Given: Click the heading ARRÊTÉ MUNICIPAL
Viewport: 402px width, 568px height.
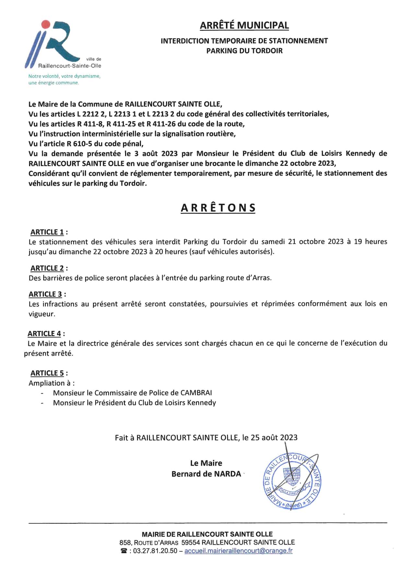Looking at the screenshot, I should point(244,25).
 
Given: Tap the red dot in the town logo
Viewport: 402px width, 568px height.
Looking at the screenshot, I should point(46,24).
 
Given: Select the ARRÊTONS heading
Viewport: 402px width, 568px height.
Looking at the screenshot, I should point(218,208).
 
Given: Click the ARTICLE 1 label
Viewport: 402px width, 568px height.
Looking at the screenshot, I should point(47,232).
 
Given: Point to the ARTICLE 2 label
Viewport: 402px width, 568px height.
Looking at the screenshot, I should point(47,268).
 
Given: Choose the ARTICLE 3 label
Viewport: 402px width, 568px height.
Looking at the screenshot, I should point(45,294).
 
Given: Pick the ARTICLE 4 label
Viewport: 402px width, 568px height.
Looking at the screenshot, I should point(44,334).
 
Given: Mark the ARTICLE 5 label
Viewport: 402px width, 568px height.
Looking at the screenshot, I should point(47,373).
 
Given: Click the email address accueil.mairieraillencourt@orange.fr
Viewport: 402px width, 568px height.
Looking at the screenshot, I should point(238,551).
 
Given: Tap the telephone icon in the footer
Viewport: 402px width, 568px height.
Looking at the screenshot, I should point(124,551).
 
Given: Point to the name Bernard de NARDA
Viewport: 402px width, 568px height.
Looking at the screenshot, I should point(206,474).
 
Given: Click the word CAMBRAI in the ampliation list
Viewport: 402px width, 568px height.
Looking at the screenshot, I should point(196,393).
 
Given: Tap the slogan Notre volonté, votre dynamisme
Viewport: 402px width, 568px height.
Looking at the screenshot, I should point(64,76).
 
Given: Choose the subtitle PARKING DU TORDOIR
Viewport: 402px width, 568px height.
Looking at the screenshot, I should point(244,51).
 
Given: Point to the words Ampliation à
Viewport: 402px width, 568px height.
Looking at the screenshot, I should point(52,383).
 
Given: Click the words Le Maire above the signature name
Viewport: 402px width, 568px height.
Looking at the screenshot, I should point(206,463).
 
